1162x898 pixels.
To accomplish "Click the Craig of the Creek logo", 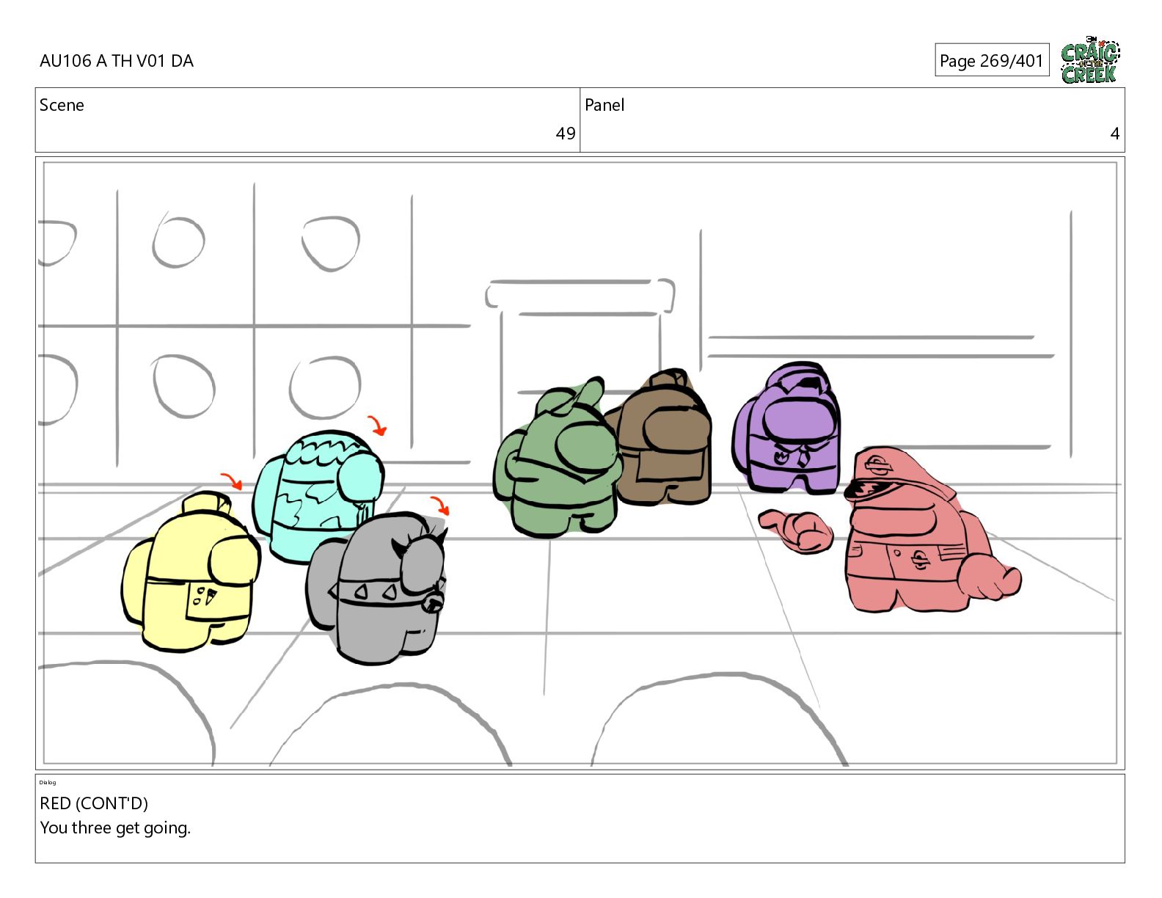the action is (x=1090, y=60).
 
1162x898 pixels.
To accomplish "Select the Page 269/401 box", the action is (x=992, y=60).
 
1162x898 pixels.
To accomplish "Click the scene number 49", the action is (x=565, y=134).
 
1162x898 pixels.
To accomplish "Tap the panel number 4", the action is (x=1115, y=134).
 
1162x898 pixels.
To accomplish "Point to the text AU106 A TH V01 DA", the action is (x=117, y=61).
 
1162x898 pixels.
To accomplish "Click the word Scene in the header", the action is (x=62, y=105).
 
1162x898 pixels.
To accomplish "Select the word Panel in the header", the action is (x=604, y=105).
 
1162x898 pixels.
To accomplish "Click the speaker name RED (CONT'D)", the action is (x=94, y=803).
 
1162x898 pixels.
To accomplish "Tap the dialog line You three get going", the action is (x=115, y=828).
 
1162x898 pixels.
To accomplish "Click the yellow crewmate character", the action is (x=190, y=573).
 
